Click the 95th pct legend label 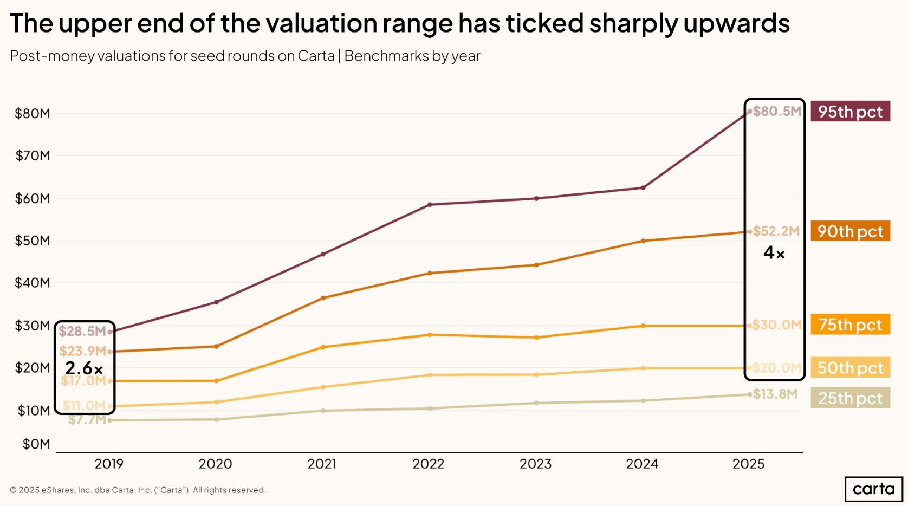coord(850,112)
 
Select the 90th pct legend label coord(850,231)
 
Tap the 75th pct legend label coord(850,325)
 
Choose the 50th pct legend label coord(850,368)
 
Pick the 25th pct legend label coord(850,398)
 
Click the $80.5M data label coord(777,112)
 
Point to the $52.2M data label coord(776,231)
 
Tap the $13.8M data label coord(775,394)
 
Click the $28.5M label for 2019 coord(82,331)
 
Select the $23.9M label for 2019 coord(82,351)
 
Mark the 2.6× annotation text coord(83,368)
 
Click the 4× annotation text coord(774,252)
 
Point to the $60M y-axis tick coord(33,198)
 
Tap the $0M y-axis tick coord(36,444)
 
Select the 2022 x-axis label coord(428,464)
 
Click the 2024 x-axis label coord(642,464)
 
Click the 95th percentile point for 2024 coord(643,188)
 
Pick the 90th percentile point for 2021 coord(323,298)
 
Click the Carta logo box coord(873,489)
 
